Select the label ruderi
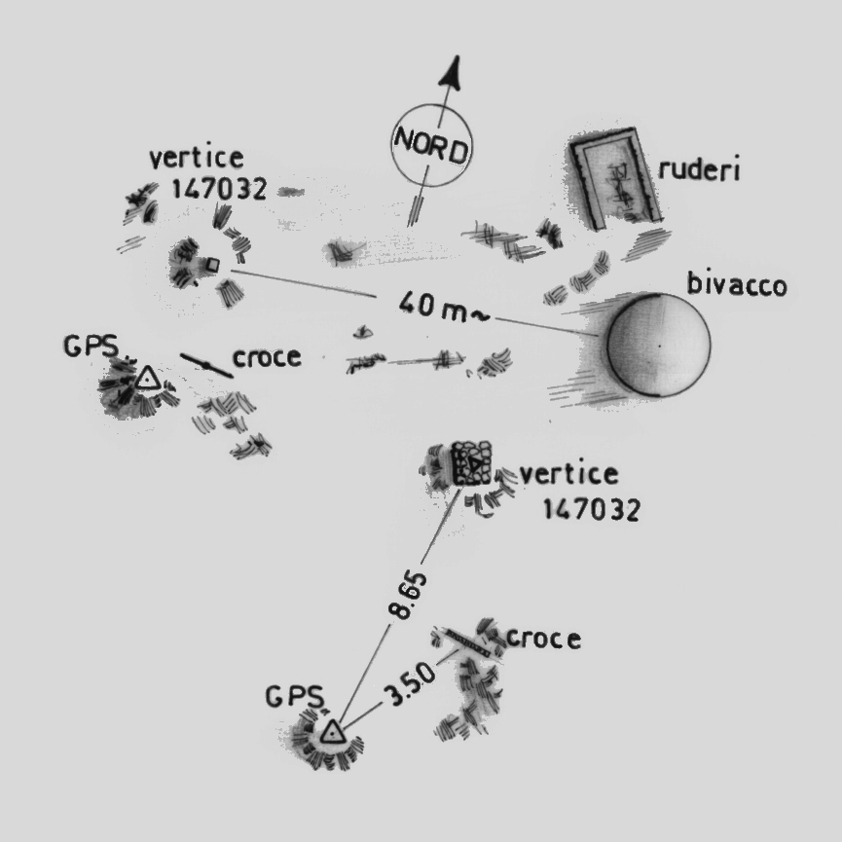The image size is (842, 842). click(x=700, y=170)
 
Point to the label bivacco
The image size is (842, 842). click(x=736, y=286)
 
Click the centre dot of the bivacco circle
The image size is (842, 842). click(x=659, y=344)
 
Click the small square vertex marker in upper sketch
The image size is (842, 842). click(x=211, y=264)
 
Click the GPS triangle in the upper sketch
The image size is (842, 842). click(x=147, y=378)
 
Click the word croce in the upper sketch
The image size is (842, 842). click(x=266, y=358)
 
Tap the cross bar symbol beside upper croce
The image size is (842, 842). click(x=206, y=365)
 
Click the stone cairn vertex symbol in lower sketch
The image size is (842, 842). click(x=472, y=463)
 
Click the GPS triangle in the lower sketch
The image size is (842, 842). click(x=333, y=732)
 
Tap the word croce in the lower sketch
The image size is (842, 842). click(x=543, y=640)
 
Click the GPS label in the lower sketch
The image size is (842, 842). click(x=291, y=698)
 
